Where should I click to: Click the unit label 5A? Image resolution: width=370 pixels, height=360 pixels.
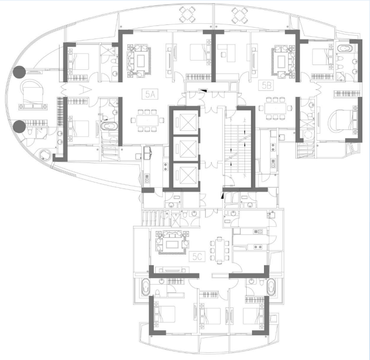click(150, 94)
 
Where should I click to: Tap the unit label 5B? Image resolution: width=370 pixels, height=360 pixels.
click(266, 85)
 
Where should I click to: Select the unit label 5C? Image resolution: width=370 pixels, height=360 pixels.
click(197, 257)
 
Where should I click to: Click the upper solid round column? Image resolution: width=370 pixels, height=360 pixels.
click(19, 72)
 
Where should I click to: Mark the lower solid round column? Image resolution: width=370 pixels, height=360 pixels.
click(19, 127)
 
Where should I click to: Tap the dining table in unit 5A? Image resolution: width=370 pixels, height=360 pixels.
click(147, 120)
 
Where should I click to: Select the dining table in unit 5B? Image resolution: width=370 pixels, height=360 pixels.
click(275, 108)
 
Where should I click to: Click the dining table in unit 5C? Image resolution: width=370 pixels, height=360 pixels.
click(220, 250)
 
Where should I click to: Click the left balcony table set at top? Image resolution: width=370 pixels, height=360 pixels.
click(188, 15)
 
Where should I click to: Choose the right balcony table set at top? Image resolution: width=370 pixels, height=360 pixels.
click(240, 15)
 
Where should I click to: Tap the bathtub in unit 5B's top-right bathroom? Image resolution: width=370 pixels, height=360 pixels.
click(345, 48)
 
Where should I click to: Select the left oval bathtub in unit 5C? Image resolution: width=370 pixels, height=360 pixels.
click(146, 287)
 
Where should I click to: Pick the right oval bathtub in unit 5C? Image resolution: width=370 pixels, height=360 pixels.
click(271, 287)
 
